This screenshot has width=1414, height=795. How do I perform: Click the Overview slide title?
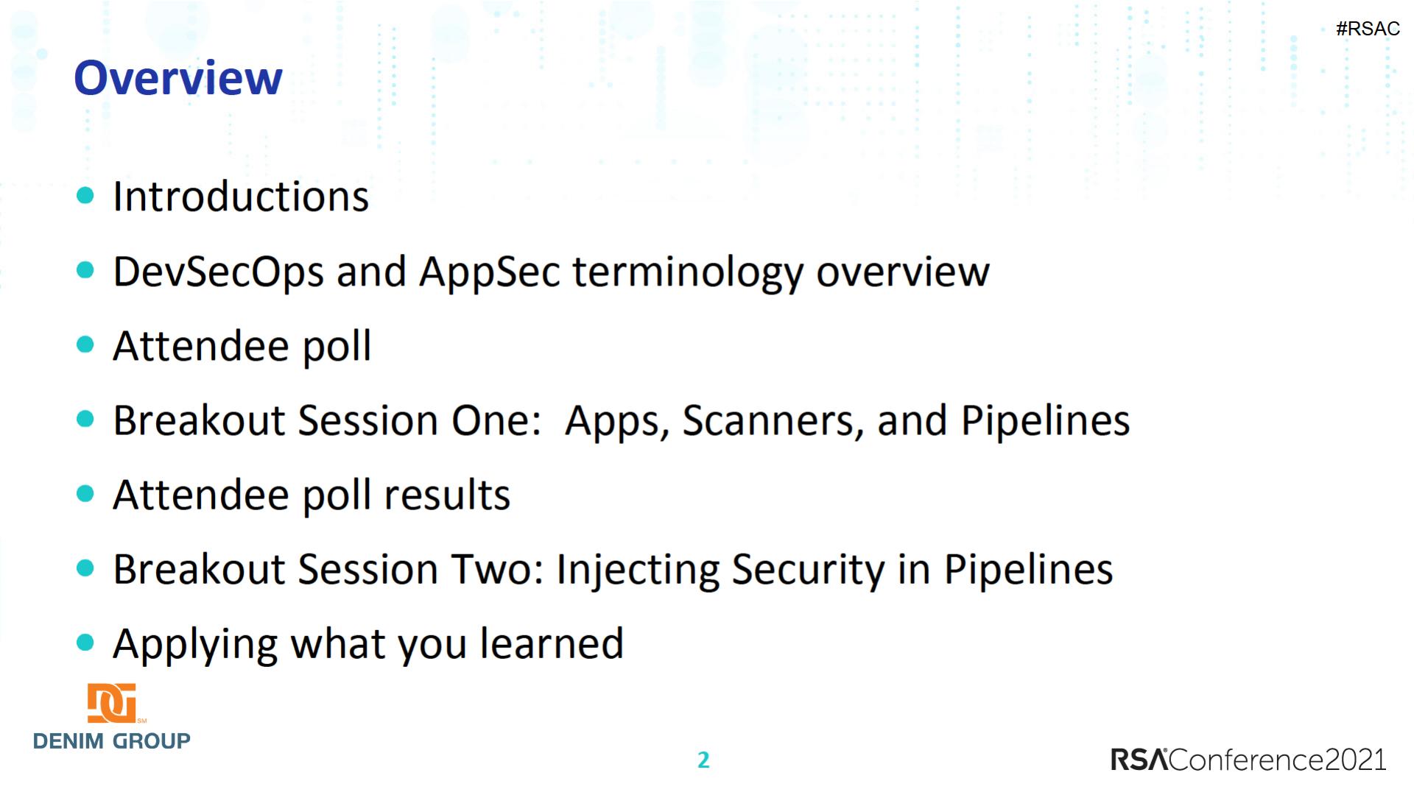pos(178,78)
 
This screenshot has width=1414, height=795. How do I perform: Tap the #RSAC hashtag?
pos(1368,29)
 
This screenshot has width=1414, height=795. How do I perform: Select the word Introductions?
pos(241,197)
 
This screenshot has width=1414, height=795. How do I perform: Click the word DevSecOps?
pos(219,272)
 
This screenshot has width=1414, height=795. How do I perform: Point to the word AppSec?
pos(490,272)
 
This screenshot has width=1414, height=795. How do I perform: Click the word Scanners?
pos(776,421)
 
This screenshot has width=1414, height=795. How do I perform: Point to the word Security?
pos(808,570)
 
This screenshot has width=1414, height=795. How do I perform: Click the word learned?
pos(552,643)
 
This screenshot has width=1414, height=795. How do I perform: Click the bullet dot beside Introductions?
pos(85,195)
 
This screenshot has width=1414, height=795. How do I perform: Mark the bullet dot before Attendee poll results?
pos(85,493)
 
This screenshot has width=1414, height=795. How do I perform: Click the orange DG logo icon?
pos(112,703)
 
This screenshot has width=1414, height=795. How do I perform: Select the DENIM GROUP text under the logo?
pos(112,741)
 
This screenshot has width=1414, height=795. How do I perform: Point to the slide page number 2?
pos(703,760)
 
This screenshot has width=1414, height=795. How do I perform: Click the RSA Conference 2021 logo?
pos(1248,760)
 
